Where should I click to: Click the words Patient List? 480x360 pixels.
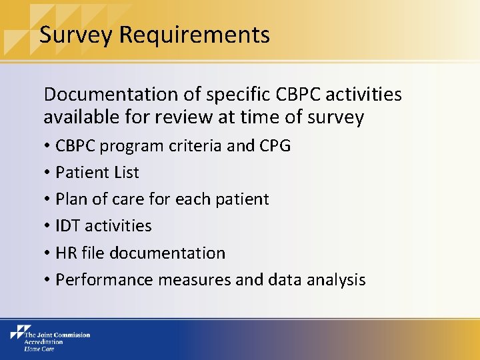tap(97, 173)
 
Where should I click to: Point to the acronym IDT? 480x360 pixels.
tap(68, 226)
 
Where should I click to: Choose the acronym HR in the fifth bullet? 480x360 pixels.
tap(67, 253)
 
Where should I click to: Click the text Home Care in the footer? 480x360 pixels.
tap(40, 349)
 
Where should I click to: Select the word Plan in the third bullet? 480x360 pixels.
tap(70, 199)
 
